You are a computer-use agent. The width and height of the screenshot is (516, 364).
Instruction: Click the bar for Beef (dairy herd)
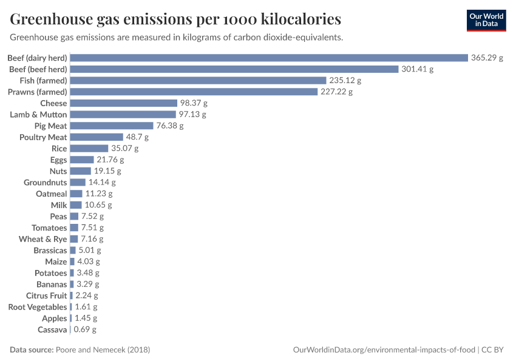269,58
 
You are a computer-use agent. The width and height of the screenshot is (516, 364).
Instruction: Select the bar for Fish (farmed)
197,80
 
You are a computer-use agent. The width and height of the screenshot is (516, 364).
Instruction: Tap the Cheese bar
123,103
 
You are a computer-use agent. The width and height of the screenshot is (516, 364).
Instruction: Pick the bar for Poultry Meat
97,137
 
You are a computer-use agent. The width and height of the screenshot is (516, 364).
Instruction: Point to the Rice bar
89,149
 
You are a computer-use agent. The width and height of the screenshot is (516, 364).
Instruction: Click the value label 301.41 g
417,69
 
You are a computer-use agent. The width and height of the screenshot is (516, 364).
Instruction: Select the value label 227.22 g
336,92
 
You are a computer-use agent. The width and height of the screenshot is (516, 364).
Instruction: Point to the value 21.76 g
110,160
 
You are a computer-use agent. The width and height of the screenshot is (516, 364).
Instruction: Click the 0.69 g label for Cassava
85,329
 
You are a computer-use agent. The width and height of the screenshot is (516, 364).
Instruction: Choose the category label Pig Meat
51,126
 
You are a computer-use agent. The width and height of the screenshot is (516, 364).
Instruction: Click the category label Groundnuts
46,182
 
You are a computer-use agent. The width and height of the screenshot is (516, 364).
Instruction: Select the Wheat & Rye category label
43,239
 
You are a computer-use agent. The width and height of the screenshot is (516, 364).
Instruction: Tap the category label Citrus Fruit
47,295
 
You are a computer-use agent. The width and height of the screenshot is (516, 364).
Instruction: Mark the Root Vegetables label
38,307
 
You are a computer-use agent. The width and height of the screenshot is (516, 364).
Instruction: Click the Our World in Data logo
486,20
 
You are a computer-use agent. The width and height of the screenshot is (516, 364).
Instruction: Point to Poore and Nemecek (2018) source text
103,350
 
